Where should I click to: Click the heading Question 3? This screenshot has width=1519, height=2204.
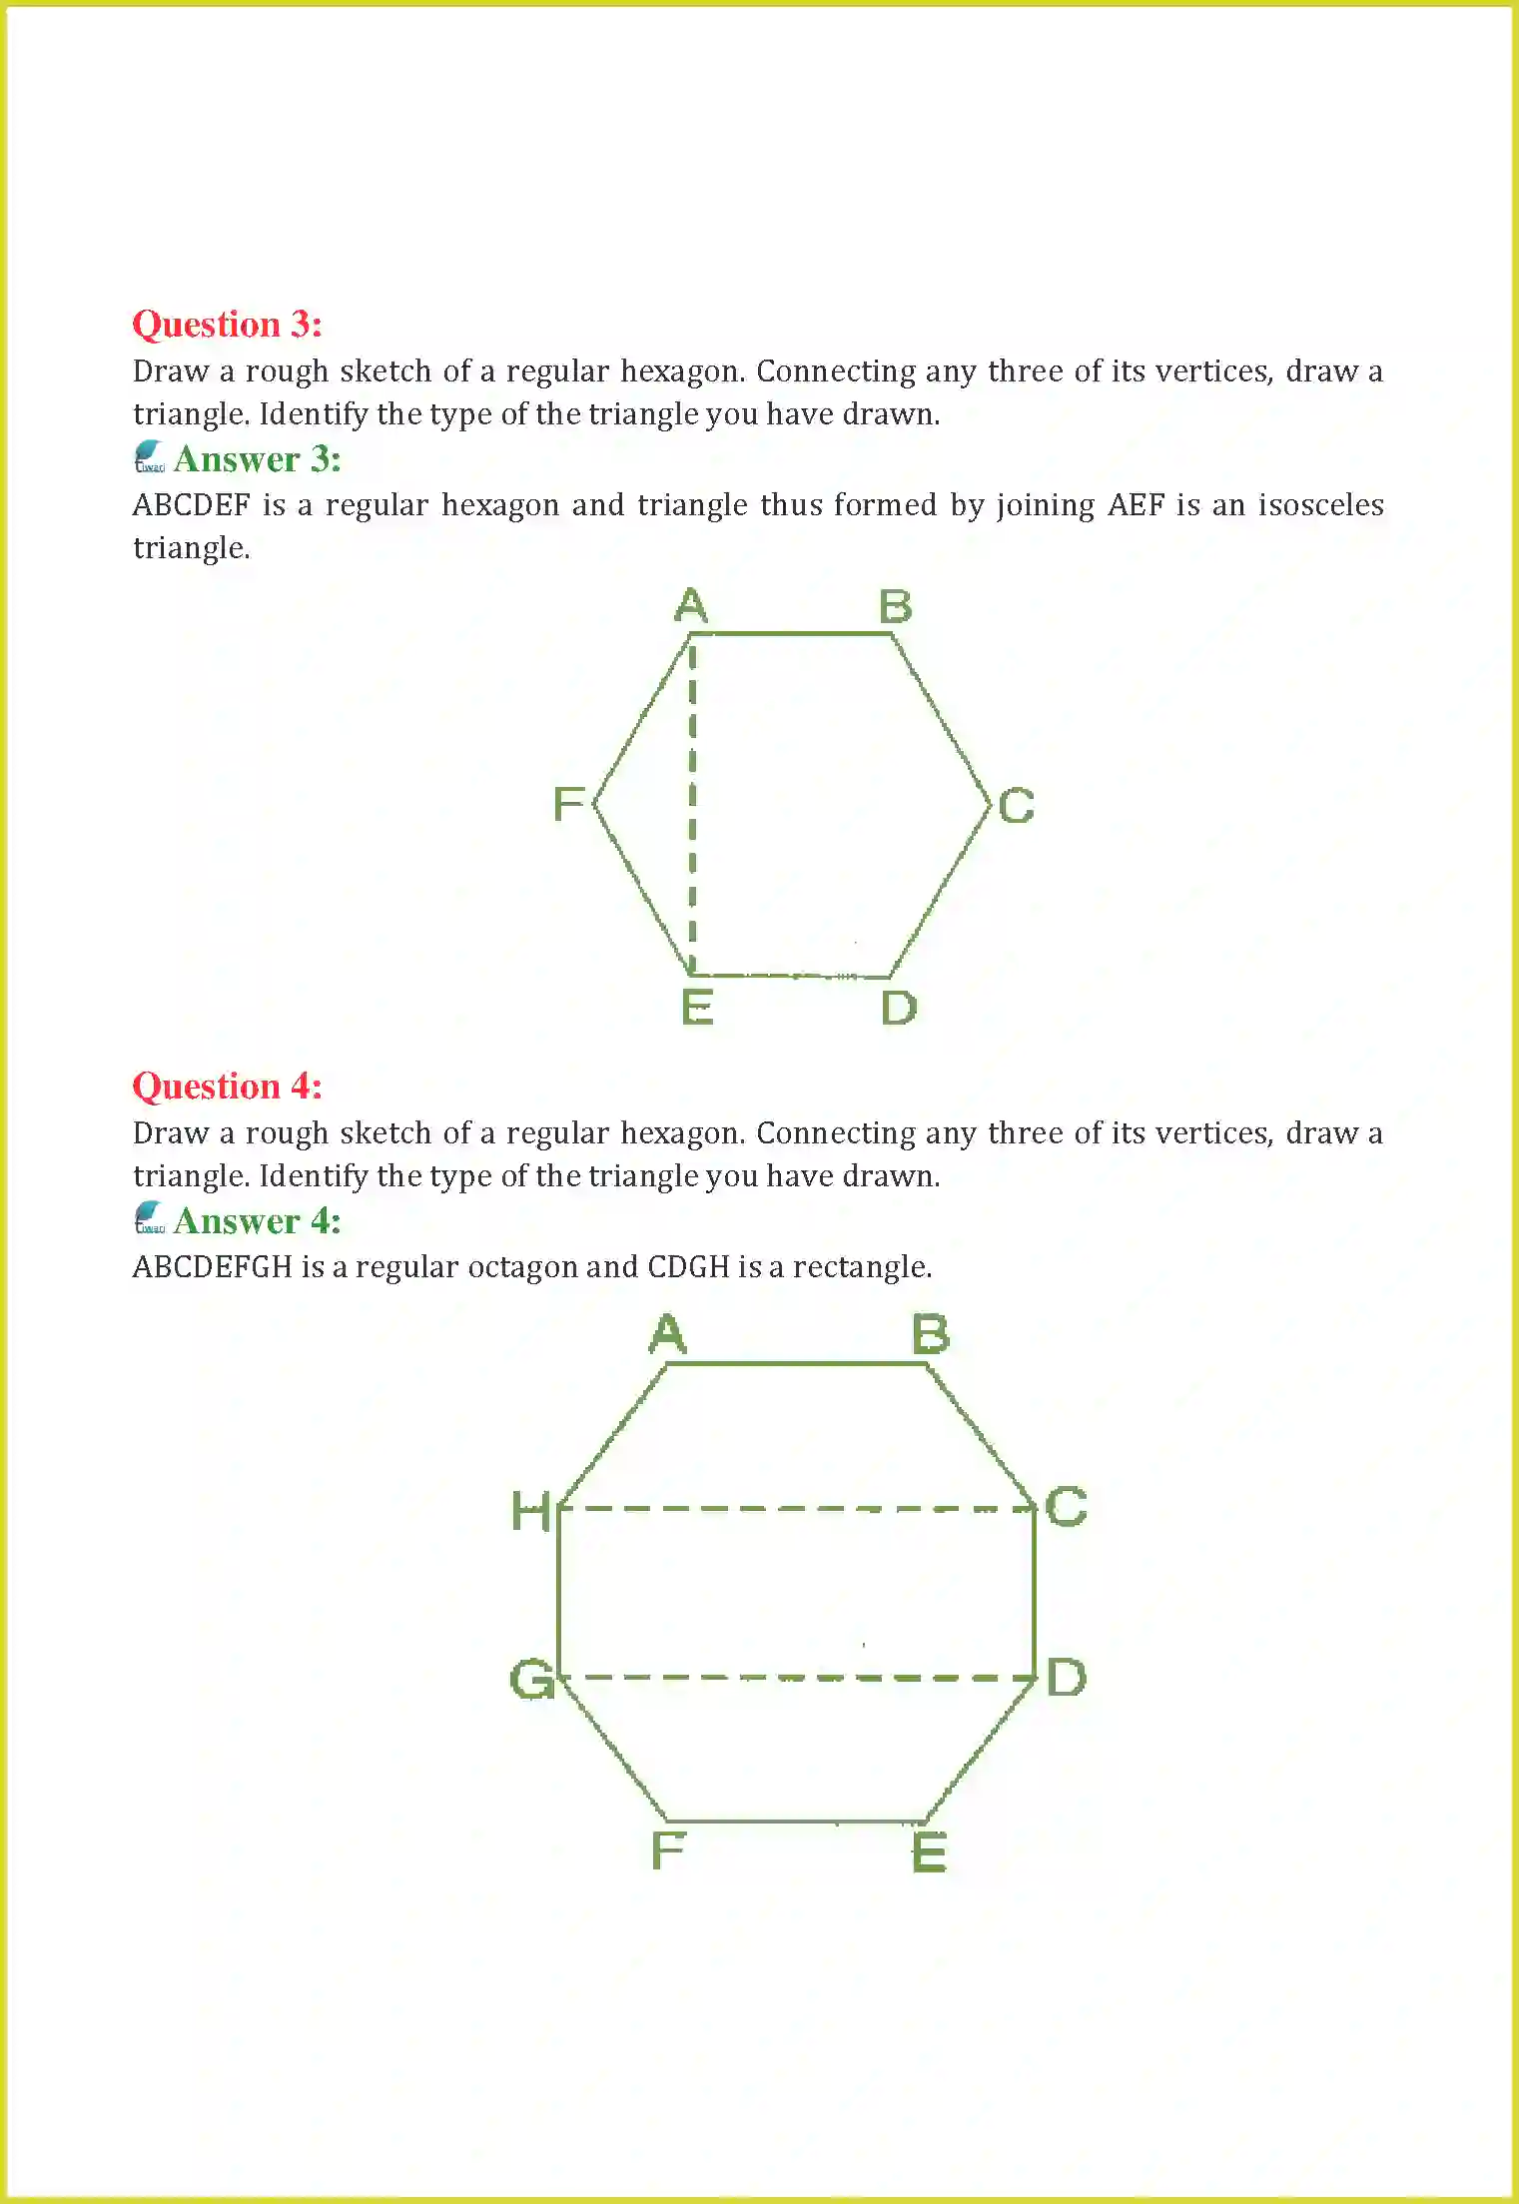pos(227,325)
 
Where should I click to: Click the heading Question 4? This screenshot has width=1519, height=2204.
pos(227,1087)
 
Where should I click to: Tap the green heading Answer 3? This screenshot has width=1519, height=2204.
pos(257,459)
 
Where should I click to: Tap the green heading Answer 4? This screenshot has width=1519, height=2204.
pos(257,1221)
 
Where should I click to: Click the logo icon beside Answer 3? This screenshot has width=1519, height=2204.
pos(149,457)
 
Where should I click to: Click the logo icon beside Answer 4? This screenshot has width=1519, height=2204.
pos(149,1219)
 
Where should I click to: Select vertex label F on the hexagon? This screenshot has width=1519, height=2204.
pos(568,804)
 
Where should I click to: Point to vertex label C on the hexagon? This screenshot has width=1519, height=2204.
pos(1016,806)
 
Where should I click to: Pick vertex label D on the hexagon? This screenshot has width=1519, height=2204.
pos(898,1008)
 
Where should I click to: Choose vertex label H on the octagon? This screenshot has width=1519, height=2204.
pos(530,1511)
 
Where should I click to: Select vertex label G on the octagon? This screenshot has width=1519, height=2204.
pos(531,1680)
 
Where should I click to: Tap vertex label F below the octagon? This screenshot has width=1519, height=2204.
pos(668,1850)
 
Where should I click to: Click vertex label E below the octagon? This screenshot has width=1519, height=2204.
pos(929,1852)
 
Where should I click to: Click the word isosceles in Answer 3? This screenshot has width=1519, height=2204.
pos(1320,505)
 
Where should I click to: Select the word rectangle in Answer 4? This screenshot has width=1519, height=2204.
pos(861,1267)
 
